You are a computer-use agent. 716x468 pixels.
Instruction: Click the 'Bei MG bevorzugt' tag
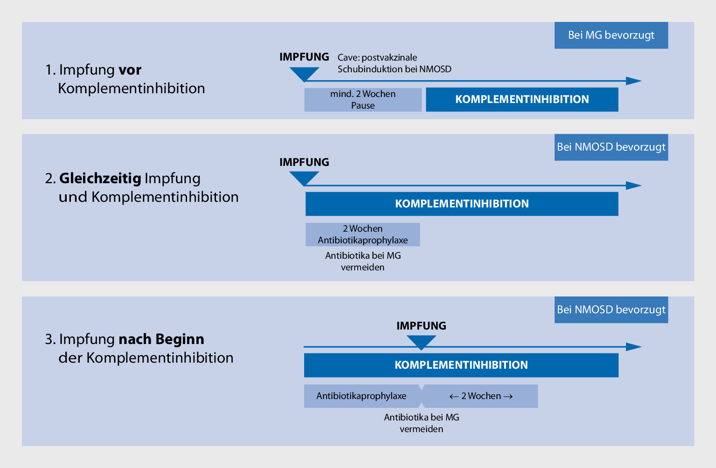pos(611,35)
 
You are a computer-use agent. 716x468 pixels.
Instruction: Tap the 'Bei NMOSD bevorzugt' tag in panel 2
pos(611,147)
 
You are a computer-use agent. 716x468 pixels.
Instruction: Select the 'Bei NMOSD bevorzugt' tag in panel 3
pos(611,310)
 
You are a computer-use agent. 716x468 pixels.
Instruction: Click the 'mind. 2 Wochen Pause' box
pos(363,100)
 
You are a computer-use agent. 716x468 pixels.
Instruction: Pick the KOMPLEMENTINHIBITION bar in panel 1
pos(522,99)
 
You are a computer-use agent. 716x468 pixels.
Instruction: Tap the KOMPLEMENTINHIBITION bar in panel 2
pos(462,204)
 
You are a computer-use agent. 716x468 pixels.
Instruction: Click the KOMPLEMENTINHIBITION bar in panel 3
pos(461,365)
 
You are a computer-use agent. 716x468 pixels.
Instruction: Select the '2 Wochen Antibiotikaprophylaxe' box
pos(363,234)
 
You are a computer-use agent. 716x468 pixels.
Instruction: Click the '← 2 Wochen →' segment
pos(480,396)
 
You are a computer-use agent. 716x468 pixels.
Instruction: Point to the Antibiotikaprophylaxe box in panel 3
pos(361,396)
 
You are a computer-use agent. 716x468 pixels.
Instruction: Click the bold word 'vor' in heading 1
pos(130,70)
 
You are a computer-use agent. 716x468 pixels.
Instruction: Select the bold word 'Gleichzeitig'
pos(100,178)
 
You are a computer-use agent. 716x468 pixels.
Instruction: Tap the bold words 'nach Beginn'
pos(161,339)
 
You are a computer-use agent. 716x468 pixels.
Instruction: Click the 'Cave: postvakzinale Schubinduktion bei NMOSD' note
pos(394,63)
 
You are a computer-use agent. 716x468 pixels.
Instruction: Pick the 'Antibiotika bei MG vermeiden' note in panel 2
pos(363,262)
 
